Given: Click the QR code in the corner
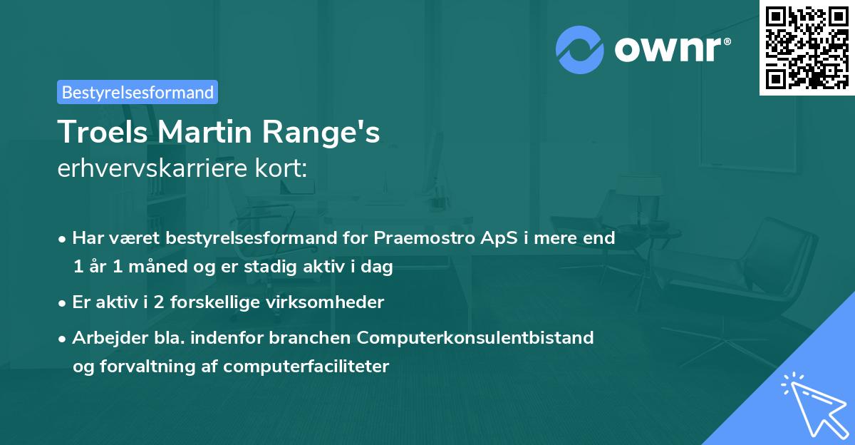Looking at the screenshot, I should coord(807,47).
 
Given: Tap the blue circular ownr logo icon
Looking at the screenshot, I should coord(579,50).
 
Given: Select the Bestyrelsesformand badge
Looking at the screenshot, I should coord(138,92).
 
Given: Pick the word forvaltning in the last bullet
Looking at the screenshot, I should coord(142,367).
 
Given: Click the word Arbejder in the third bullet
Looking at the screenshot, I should coord(104,337).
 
